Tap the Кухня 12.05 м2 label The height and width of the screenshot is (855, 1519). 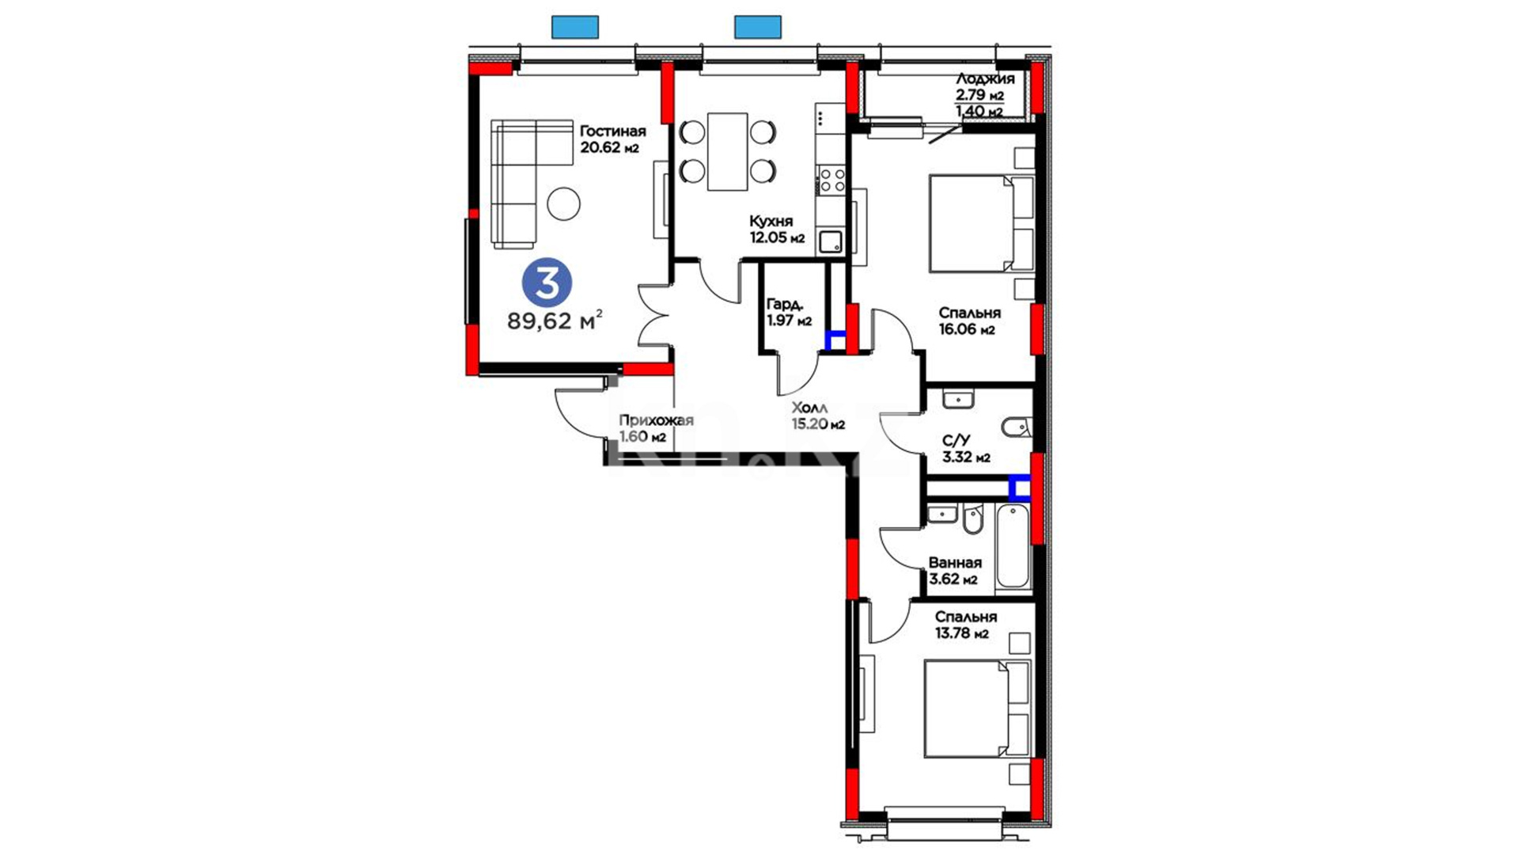pos(777,230)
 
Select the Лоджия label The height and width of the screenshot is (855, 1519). pos(985,79)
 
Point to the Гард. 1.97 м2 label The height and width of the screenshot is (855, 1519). pos(789,312)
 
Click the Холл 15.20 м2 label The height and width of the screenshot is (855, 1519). pos(818,416)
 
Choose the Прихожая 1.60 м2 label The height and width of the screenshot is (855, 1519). pos(656,428)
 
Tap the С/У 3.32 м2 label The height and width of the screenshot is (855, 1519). pos(966,449)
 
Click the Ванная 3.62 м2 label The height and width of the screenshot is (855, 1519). pos(955,570)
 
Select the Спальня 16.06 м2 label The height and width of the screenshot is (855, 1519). pos(969,321)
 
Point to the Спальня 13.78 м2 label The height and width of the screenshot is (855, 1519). pos(965,625)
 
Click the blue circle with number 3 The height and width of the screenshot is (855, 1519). pos(547,283)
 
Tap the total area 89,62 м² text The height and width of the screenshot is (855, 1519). pos(555,321)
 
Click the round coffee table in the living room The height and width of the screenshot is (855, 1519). pos(563,203)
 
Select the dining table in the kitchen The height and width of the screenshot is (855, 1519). pos(727,151)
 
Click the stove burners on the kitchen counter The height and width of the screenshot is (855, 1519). pos(831,180)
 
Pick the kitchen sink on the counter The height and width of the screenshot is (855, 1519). pos(831,241)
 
